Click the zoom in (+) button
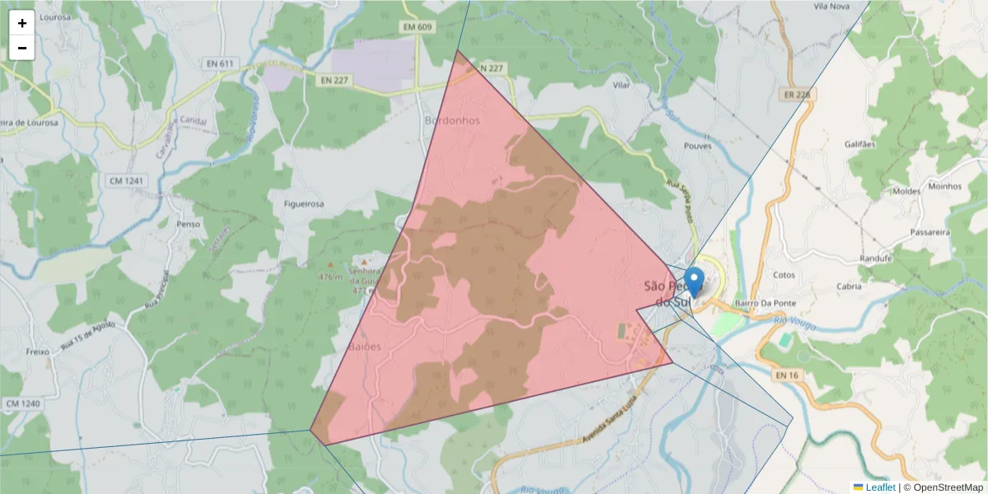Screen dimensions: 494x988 [22, 23]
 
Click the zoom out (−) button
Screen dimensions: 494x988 [22, 48]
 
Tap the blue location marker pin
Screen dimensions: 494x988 [695, 282]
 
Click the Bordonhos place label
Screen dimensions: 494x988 [451, 120]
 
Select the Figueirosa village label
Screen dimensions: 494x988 [303, 203]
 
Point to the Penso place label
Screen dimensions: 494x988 [189, 223]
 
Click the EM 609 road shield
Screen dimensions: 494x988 [417, 27]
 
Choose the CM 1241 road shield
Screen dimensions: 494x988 [126, 180]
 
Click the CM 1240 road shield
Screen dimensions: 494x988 [22, 403]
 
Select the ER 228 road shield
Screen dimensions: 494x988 [797, 95]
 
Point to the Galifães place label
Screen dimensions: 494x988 [860, 143]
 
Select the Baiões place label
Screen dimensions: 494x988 [366, 347]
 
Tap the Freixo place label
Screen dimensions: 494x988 [38, 351]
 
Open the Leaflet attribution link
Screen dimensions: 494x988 [880, 487]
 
